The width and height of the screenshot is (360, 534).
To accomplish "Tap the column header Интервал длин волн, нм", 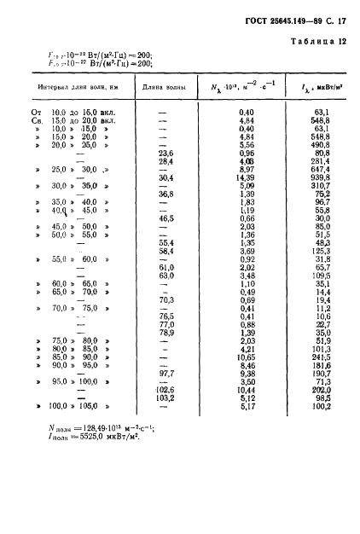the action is (76, 87).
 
